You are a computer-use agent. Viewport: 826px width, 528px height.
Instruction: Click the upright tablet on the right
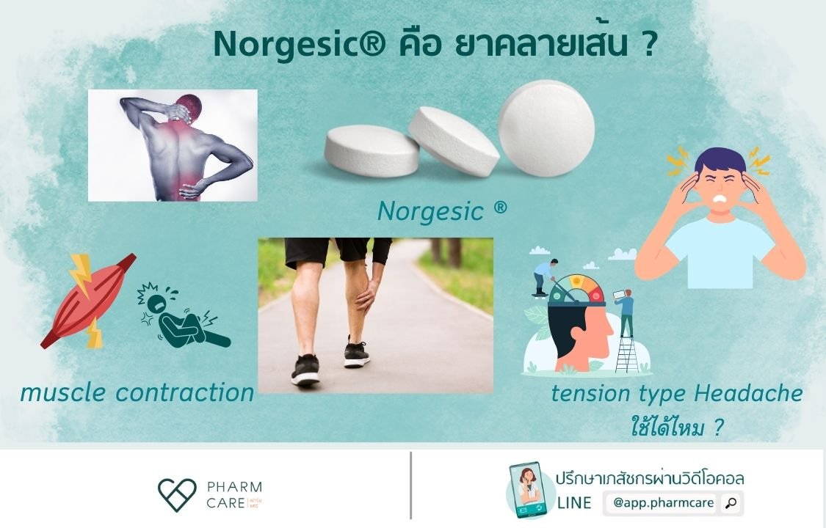coord(546,128)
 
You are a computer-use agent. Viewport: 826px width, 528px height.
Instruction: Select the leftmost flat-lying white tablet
coord(372,150)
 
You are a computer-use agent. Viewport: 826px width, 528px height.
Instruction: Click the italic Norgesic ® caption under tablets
coord(441,211)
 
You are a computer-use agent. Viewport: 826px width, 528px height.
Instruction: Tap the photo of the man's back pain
coord(173,145)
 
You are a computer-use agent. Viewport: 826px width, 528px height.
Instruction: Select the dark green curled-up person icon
coord(180,318)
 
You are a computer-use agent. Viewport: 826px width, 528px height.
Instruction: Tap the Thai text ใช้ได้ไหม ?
coord(673,427)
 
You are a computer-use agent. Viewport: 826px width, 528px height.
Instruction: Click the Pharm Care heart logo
coord(177,495)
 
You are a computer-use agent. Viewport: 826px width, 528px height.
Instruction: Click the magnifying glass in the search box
coord(731,503)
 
